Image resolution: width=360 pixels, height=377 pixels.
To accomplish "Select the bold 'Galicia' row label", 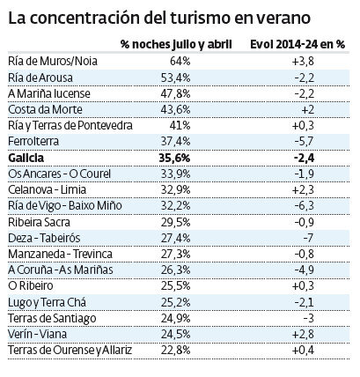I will pos(26,156).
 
